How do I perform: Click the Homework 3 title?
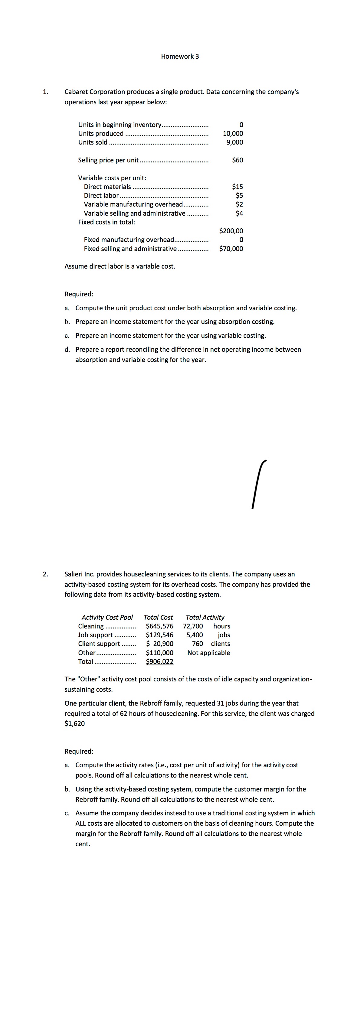tap(180, 57)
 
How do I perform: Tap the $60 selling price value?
tap(237, 160)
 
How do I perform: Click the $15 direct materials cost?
tap(237, 187)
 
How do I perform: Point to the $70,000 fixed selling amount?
tap(231, 249)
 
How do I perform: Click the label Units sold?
tap(93, 142)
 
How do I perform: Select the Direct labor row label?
tap(101, 196)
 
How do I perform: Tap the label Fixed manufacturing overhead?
tap(129, 240)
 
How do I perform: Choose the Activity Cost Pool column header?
tap(107, 617)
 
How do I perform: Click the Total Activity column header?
tap(205, 617)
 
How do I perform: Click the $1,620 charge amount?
tap(75, 724)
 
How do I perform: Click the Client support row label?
tap(99, 644)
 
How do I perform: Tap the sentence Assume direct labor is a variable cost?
tap(120, 266)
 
